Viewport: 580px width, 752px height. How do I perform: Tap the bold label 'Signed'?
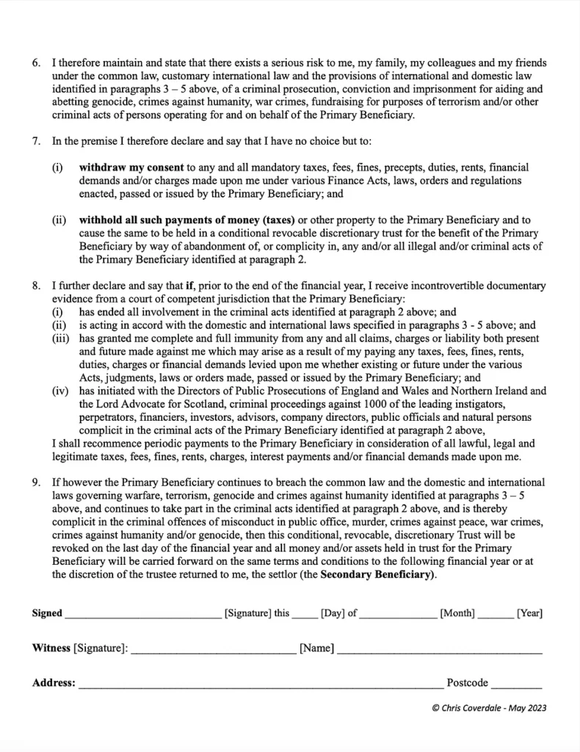click(x=47, y=613)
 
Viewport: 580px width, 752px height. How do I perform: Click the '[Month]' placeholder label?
click(x=457, y=613)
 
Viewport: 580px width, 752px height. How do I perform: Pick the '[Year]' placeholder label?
click(x=529, y=613)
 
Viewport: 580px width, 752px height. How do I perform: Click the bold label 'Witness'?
click(x=51, y=648)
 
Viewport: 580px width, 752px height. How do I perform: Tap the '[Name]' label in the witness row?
click(x=317, y=648)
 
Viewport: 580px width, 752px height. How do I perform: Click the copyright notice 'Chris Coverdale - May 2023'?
click(x=490, y=709)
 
